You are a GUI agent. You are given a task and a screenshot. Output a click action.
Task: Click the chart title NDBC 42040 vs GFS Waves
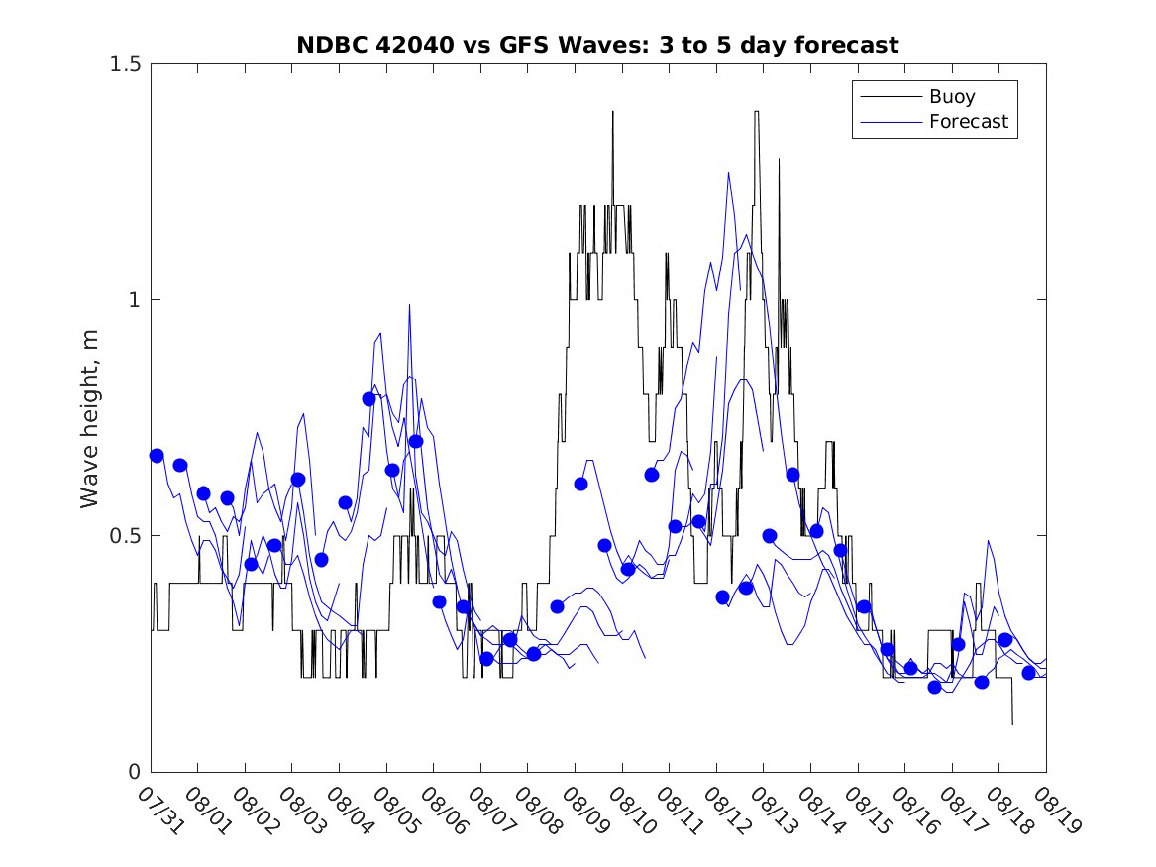pos(597,45)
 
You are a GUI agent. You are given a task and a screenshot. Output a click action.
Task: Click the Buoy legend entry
pos(952,97)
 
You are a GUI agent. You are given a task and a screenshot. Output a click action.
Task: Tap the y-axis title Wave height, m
pos(90,417)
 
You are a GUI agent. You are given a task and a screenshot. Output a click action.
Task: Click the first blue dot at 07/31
pos(157,456)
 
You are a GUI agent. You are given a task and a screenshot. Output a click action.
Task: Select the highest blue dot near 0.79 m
pos(369,399)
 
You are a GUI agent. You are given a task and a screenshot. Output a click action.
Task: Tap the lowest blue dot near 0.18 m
pos(934,687)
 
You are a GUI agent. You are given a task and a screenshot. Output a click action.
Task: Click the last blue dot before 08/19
pos(1028,673)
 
